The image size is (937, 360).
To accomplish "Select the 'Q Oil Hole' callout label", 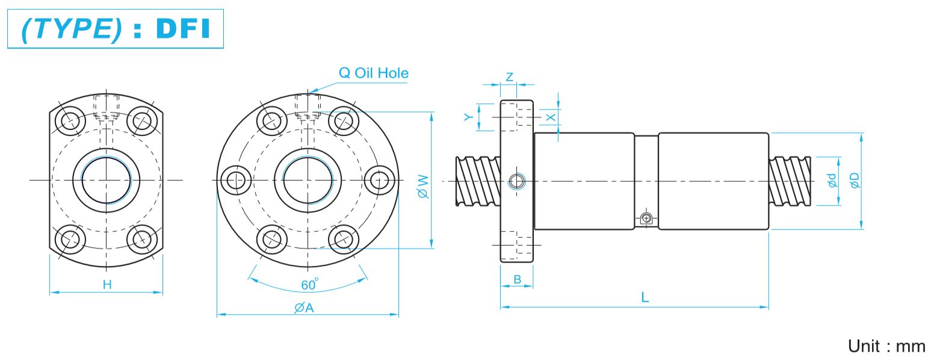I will pos(373,73).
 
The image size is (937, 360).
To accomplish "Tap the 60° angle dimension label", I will pos(309,285).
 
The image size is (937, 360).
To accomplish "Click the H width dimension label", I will pos(107,285).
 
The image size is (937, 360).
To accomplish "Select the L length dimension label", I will pos(645,297).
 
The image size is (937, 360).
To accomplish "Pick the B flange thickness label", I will pos(517,279).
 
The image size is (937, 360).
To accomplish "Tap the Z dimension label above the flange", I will pos(509,76).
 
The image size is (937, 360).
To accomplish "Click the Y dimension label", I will pos(468,117).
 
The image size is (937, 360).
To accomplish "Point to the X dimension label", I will pos(551,117).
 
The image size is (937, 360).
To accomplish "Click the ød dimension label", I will pos(832,180).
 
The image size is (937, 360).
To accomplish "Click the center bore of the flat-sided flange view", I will pos(106,180).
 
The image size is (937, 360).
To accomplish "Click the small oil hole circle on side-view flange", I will pos(516,181).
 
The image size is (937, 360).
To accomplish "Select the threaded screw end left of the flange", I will pos(478,181).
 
